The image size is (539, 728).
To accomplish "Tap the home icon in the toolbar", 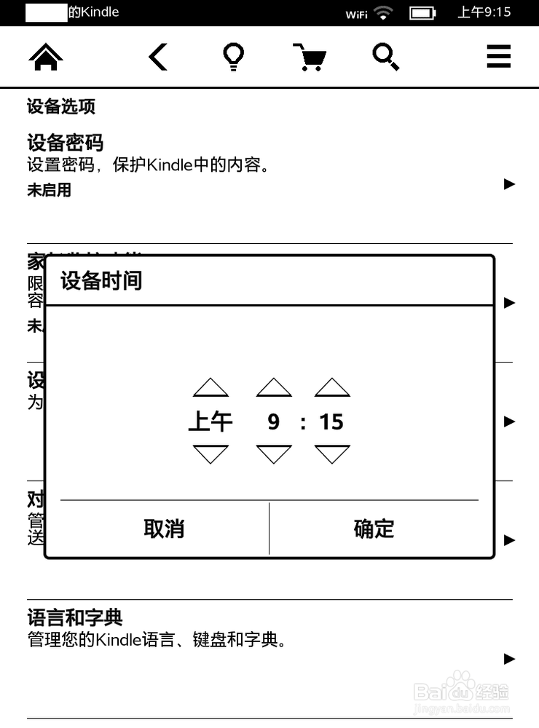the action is coord(45,57).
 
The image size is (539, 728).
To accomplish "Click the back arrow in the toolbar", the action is coord(158,57).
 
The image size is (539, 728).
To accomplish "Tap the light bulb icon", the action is coord(233,57).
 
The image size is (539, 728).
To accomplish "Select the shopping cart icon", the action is coord(309,57).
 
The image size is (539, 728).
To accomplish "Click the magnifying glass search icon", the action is coord(385,57).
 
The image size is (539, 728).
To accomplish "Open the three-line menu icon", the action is coord(499,57).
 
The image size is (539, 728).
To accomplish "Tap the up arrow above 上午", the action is coord(211,387).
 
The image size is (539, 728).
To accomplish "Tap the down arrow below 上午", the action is coord(211,454).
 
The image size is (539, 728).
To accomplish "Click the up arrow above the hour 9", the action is coord(274,387).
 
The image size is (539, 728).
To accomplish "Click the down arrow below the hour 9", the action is coord(274,454).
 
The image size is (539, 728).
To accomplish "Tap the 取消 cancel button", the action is coord(164,529).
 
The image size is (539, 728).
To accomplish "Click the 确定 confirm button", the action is coord(374,529).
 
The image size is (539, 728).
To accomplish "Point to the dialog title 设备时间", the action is coord(101,280).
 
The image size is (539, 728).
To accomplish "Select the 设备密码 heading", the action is coord(65,143).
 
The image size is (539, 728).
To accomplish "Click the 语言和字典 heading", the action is coord(74,619).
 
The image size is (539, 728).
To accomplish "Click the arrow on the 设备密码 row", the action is coord(510,184).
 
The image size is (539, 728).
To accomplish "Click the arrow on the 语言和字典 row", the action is coord(510,659).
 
